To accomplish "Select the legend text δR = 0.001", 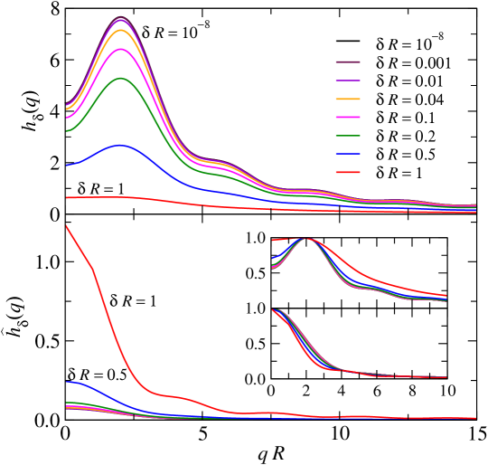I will (413, 62).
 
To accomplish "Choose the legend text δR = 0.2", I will (406, 136).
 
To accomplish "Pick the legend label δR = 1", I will (399, 173).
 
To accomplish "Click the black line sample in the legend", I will (350, 43).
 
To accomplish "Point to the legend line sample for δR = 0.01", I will (350, 81).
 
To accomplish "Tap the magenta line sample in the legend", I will (350, 118).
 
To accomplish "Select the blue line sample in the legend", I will (350, 155).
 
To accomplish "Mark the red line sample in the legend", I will (350, 173).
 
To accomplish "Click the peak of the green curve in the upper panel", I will (122, 78).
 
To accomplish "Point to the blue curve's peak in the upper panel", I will (120, 145).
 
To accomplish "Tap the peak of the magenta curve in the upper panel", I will (122, 49).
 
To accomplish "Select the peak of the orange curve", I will (122, 30).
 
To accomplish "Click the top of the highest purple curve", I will (122, 18).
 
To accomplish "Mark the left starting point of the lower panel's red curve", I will (67, 226).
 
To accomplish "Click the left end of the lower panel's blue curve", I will (67, 382).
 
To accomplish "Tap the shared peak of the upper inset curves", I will (308, 239).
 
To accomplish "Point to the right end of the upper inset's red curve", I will (446, 295).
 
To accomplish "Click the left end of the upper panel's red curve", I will (67, 196).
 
